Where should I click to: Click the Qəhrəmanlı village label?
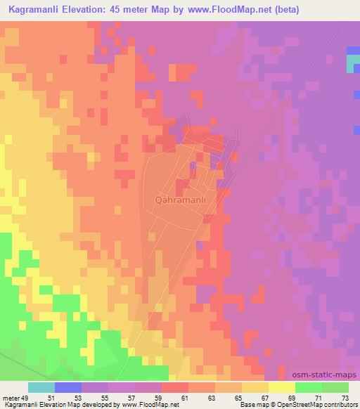point(181,200)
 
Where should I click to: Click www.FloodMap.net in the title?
point(229,10)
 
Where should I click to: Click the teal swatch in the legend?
point(41,387)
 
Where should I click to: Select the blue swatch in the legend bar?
point(68,387)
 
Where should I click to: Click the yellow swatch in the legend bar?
point(282,387)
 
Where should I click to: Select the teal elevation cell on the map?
point(353,63)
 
